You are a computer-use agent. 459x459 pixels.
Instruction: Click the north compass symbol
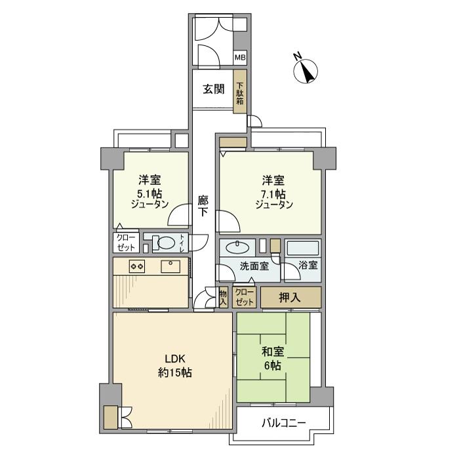point(306,70)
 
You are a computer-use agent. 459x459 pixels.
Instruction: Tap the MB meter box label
point(240,58)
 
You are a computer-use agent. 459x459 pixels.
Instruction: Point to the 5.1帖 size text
point(150,193)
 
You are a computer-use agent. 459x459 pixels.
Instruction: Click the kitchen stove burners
point(137,266)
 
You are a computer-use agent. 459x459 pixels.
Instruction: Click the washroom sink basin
point(236,248)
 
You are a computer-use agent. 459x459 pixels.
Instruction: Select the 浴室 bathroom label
point(308,266)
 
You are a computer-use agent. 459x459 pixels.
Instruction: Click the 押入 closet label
point(290,297)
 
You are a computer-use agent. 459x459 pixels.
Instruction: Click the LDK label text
point(175,359)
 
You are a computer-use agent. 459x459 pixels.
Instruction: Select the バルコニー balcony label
point(283,423)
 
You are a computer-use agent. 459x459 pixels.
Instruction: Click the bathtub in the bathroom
point(302,249)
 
